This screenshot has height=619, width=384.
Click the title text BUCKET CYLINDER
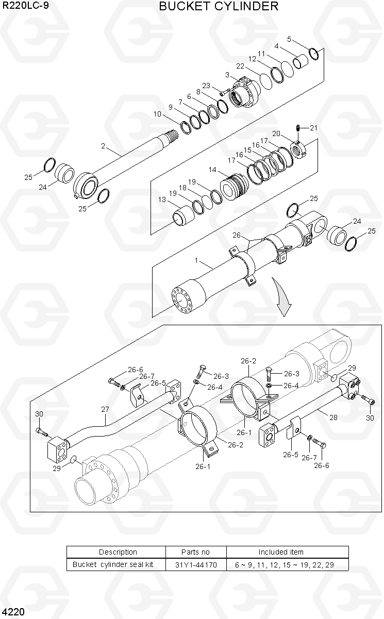click(x=219, y=6)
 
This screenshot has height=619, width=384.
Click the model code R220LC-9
click(x=25, y=5)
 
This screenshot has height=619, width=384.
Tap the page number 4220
click(x=13, y=612)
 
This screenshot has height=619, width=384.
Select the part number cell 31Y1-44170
click(x=196, y=564)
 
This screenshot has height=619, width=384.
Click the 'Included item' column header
click(x=281, y=552)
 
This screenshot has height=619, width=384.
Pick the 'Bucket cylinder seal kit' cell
click(x=113, y=564)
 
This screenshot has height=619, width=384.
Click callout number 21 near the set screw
click(x=313, y=128)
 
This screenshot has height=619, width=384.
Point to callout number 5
click(x=289, y=39)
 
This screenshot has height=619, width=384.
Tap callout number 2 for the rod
click(x=103, y=146)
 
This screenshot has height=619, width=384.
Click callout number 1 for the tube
click(x=196, y=260)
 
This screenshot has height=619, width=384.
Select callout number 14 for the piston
click(x=212, y=170)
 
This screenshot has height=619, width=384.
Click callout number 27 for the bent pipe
click(x=105, y=409)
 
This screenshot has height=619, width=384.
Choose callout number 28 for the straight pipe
click(x=333, y=417)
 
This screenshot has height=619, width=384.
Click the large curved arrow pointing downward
click(x=282, y=297)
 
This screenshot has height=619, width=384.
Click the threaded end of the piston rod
click(x=172, y=135)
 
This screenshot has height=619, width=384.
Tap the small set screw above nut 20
click(x=298, y=128)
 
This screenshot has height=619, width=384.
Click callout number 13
click(x=162, y=199)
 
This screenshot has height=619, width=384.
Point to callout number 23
click(x=206, y=86)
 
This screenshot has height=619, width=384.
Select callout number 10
click(x=157, y=114)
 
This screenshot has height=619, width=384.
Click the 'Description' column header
click(x=118, y=552)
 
